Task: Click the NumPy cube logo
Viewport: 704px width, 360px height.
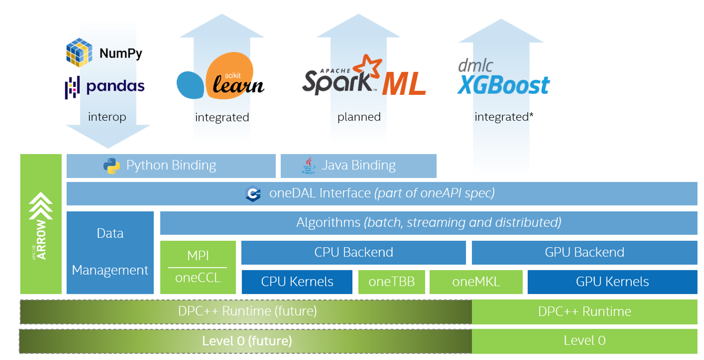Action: tap(79, 52)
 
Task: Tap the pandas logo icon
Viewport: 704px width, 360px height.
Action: tap(72, 87)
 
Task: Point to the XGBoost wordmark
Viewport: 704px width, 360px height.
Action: tap(503, 85)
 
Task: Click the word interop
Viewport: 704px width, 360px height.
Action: tap(107, 117)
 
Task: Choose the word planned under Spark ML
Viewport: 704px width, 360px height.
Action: tap(359, 117)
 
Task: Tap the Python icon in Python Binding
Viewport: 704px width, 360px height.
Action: tap(112, 165)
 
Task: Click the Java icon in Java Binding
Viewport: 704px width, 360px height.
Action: tap(309, 165)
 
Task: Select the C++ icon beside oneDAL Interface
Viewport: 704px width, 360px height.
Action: tap(253, 194)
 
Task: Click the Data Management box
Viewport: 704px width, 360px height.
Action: tap(110, 252)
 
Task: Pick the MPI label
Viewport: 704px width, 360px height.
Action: tap(198, 255)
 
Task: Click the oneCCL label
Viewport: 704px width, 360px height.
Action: tap(198, 278)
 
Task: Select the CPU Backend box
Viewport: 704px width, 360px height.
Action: tap(353, 252)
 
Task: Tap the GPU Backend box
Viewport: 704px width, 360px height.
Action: tap(584, 252)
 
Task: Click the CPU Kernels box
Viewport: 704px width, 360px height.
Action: tap(297, 281)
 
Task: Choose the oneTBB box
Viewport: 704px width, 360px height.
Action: tap(391, 281)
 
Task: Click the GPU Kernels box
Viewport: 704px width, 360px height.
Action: tap(612, 281)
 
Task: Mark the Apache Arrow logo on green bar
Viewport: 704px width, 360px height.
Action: tap(41, 225)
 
